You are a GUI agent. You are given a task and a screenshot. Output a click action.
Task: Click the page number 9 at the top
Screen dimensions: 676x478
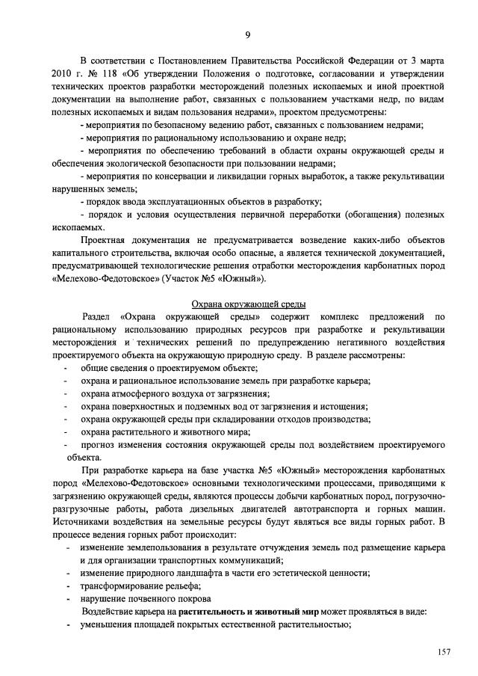[246, 34]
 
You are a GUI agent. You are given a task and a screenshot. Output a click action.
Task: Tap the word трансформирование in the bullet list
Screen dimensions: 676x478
[120, 586]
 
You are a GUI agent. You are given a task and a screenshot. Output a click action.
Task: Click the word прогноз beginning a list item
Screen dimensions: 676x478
[98, 444]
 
